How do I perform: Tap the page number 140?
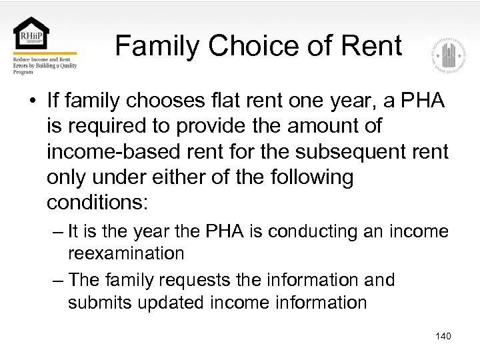click(443, 336)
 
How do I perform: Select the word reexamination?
click(126, 253)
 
